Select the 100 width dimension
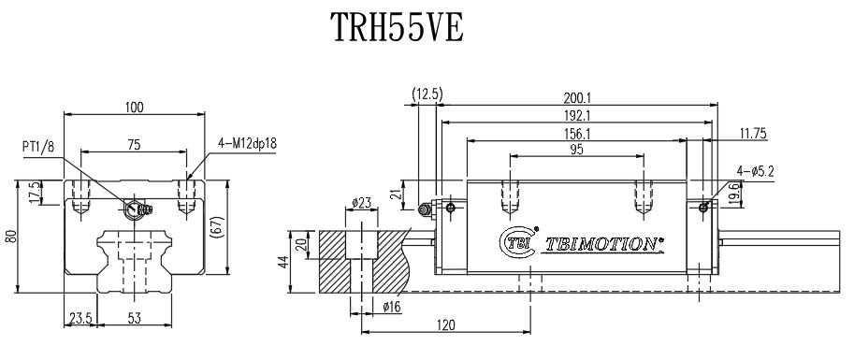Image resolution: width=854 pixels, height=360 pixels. pos(134,108)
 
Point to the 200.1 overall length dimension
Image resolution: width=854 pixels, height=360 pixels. pos(576,97)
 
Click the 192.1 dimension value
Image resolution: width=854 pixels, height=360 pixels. pos(576,115)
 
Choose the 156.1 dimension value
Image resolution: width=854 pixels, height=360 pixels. pos(576,134)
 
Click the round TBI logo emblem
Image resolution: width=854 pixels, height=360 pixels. pos(516,241)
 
